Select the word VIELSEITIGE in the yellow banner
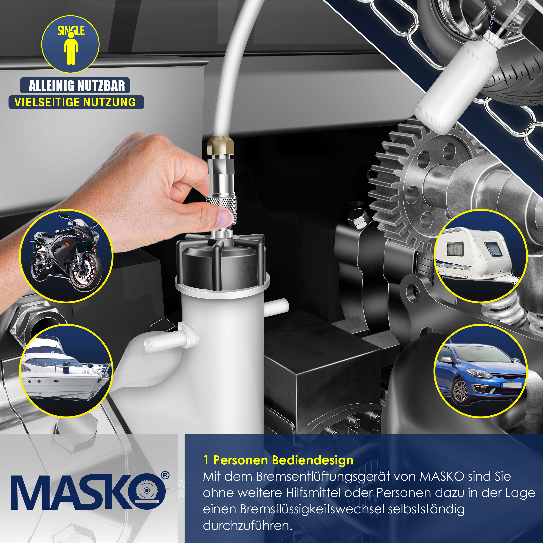(x=46, y=102)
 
